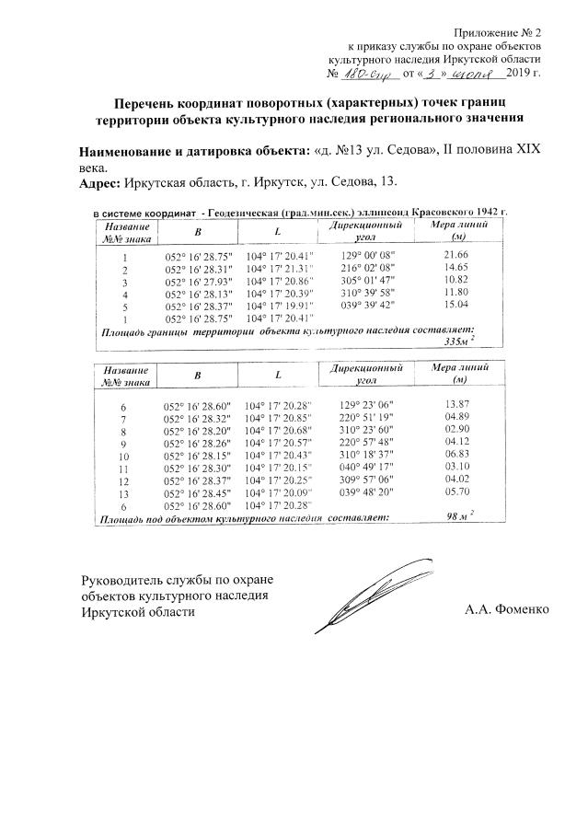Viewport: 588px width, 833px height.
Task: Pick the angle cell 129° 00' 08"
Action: point(367,254)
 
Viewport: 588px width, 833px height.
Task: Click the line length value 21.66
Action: point(455,254)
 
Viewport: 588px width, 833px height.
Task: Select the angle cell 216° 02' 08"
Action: point(367,267)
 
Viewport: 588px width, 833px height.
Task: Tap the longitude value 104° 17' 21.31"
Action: point(280,268)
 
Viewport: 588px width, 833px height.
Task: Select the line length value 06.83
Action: point(456,456)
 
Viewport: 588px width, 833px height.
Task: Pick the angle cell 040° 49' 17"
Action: point(367,468)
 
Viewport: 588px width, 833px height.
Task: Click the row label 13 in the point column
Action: point(124,493)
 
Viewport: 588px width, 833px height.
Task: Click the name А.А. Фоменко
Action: point(506,609)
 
